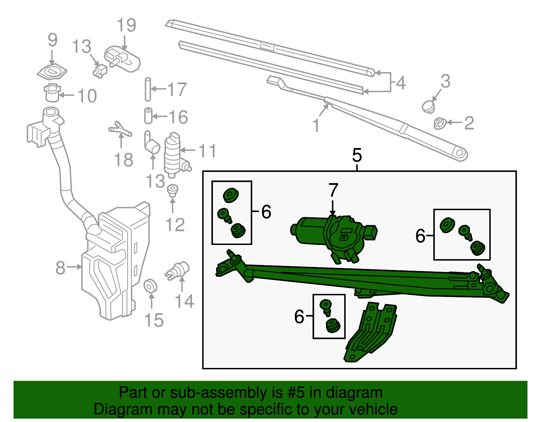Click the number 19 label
click(x=126, y=26)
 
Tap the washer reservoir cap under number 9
click(x=52, y=72)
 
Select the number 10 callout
click(x=87, y=96)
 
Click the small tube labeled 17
click(x=148, y=89)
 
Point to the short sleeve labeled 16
click(x=148, y=116)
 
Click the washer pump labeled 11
click(x=172, y=154)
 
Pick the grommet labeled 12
click(x=173, y=191)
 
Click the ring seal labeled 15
click(x=150, y=286)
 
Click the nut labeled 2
click(x=440, y=123)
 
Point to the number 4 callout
click(x=400, y=83)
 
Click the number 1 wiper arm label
click(x=316, y=125)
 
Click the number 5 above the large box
click(x=357, y=155)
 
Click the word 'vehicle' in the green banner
click(x=373, y=409)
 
